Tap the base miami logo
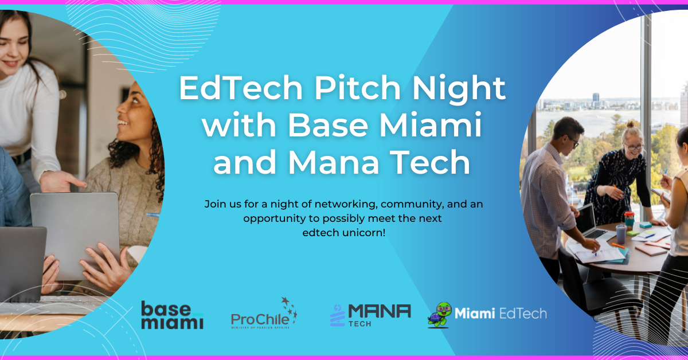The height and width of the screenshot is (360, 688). pos(172,315)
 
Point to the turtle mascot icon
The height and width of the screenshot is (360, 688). pos(439,314)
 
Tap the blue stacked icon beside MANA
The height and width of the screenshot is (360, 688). pos(337,315)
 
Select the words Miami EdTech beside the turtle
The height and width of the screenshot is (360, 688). pos(501,314)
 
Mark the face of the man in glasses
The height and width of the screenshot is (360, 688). pos(568,138)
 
